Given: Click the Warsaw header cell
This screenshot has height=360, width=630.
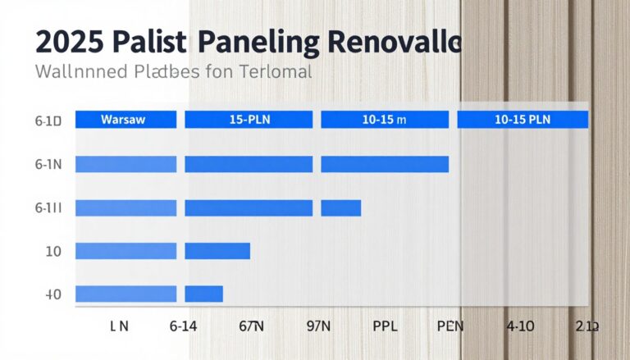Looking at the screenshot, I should [x=126, y=120].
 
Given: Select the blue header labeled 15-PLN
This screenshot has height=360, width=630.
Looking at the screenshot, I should [x=249, y=120].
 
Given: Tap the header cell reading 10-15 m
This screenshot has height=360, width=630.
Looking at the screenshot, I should [x=385, y=120].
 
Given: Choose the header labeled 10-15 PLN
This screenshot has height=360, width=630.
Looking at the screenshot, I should [x=523, y=120].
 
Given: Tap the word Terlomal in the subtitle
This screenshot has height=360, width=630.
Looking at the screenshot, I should [x=276, y=72].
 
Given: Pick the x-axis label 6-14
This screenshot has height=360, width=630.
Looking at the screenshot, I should [x=185, y=326].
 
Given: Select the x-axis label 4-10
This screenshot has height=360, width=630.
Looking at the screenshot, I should [x=521, y=326].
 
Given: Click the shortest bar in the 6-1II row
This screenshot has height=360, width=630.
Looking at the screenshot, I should [x=340, y=207].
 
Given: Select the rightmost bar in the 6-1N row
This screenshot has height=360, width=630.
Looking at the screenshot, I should [x=385, y=164].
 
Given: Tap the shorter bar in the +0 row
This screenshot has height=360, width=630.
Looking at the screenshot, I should [x=204, y=294].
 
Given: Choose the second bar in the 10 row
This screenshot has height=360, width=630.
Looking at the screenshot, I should [x=217, y=250].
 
